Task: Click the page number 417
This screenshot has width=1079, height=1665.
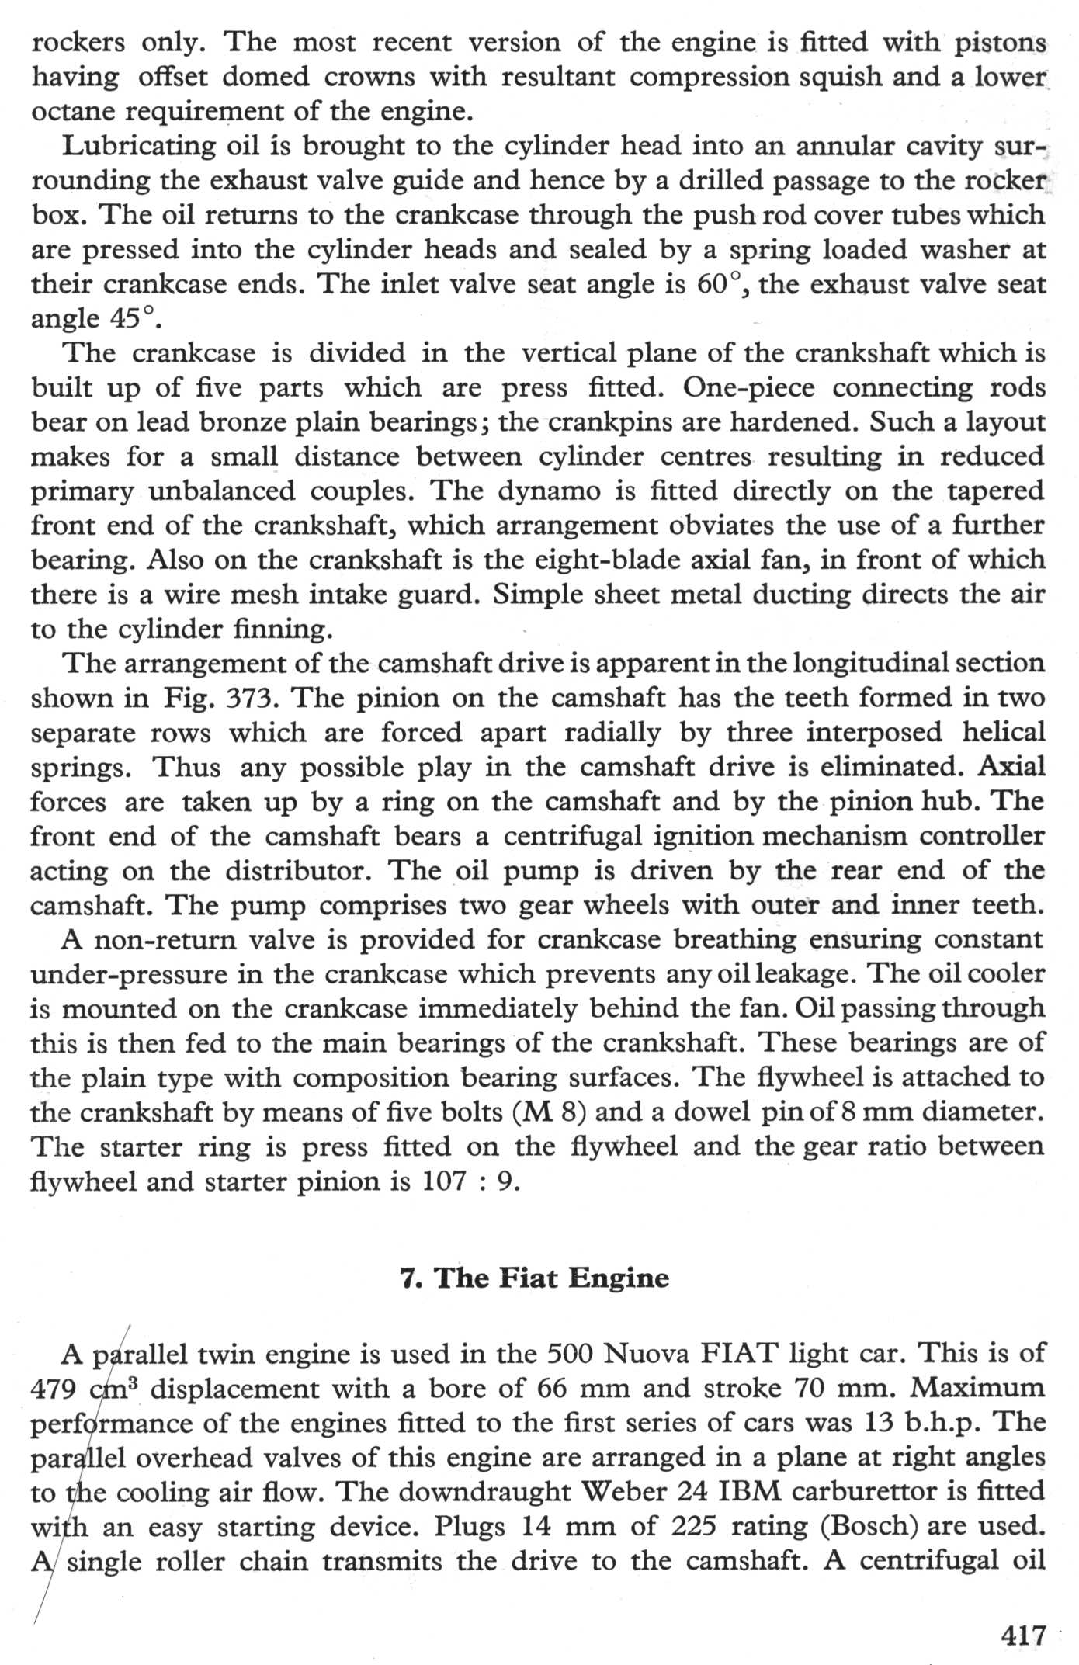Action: pos(1024,1636)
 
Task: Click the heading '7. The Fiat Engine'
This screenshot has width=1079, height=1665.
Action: pos(534,1277)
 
